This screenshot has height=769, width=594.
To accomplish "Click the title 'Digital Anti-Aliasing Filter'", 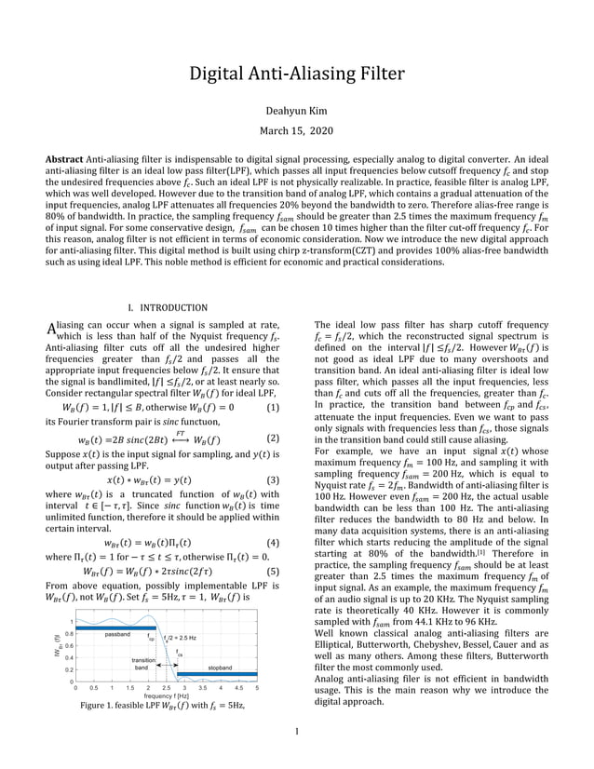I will point(297,74).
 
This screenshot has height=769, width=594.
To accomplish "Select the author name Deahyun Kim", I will point(297,109).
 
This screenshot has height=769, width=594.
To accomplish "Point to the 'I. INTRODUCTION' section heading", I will point(168,307).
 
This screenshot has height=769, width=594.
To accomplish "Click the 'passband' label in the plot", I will point(117,634).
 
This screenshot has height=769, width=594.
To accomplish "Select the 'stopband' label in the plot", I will point(220,668).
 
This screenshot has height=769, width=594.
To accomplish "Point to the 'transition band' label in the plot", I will point(142,664).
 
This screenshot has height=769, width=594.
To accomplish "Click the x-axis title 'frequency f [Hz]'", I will point(168,695).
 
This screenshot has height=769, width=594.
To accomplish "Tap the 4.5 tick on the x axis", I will point(238,688).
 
